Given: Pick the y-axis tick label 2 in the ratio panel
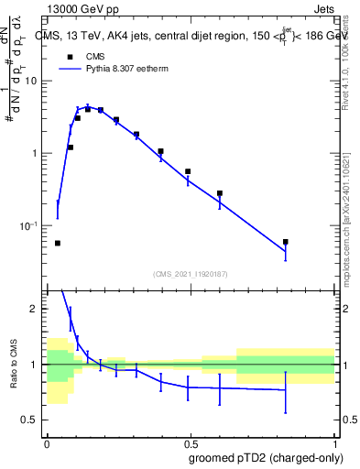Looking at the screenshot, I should coord(36,310).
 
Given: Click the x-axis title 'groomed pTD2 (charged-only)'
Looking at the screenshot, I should coord(267,457).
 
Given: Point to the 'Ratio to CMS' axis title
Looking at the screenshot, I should coord(13,365).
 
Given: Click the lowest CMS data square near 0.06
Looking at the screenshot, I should coord(58,243).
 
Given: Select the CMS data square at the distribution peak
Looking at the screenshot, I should coord(88,108).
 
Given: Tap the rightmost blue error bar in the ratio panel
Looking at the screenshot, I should coord(286,391).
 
